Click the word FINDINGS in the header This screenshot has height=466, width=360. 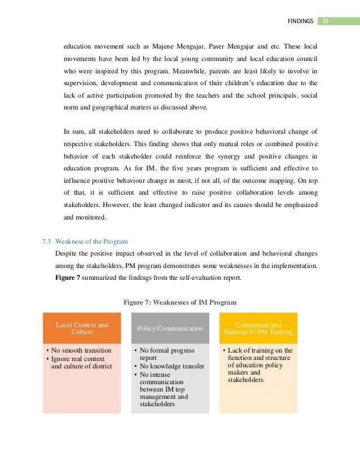(300, 21)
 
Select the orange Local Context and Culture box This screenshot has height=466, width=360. (82, 328)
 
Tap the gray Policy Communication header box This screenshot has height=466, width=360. (170, 328)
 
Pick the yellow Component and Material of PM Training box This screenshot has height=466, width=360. (258, 328)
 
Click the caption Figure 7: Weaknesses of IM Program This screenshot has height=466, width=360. (180, 302)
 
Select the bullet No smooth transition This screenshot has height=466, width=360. (81, 350)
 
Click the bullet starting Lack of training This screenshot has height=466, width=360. (260, 365)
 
